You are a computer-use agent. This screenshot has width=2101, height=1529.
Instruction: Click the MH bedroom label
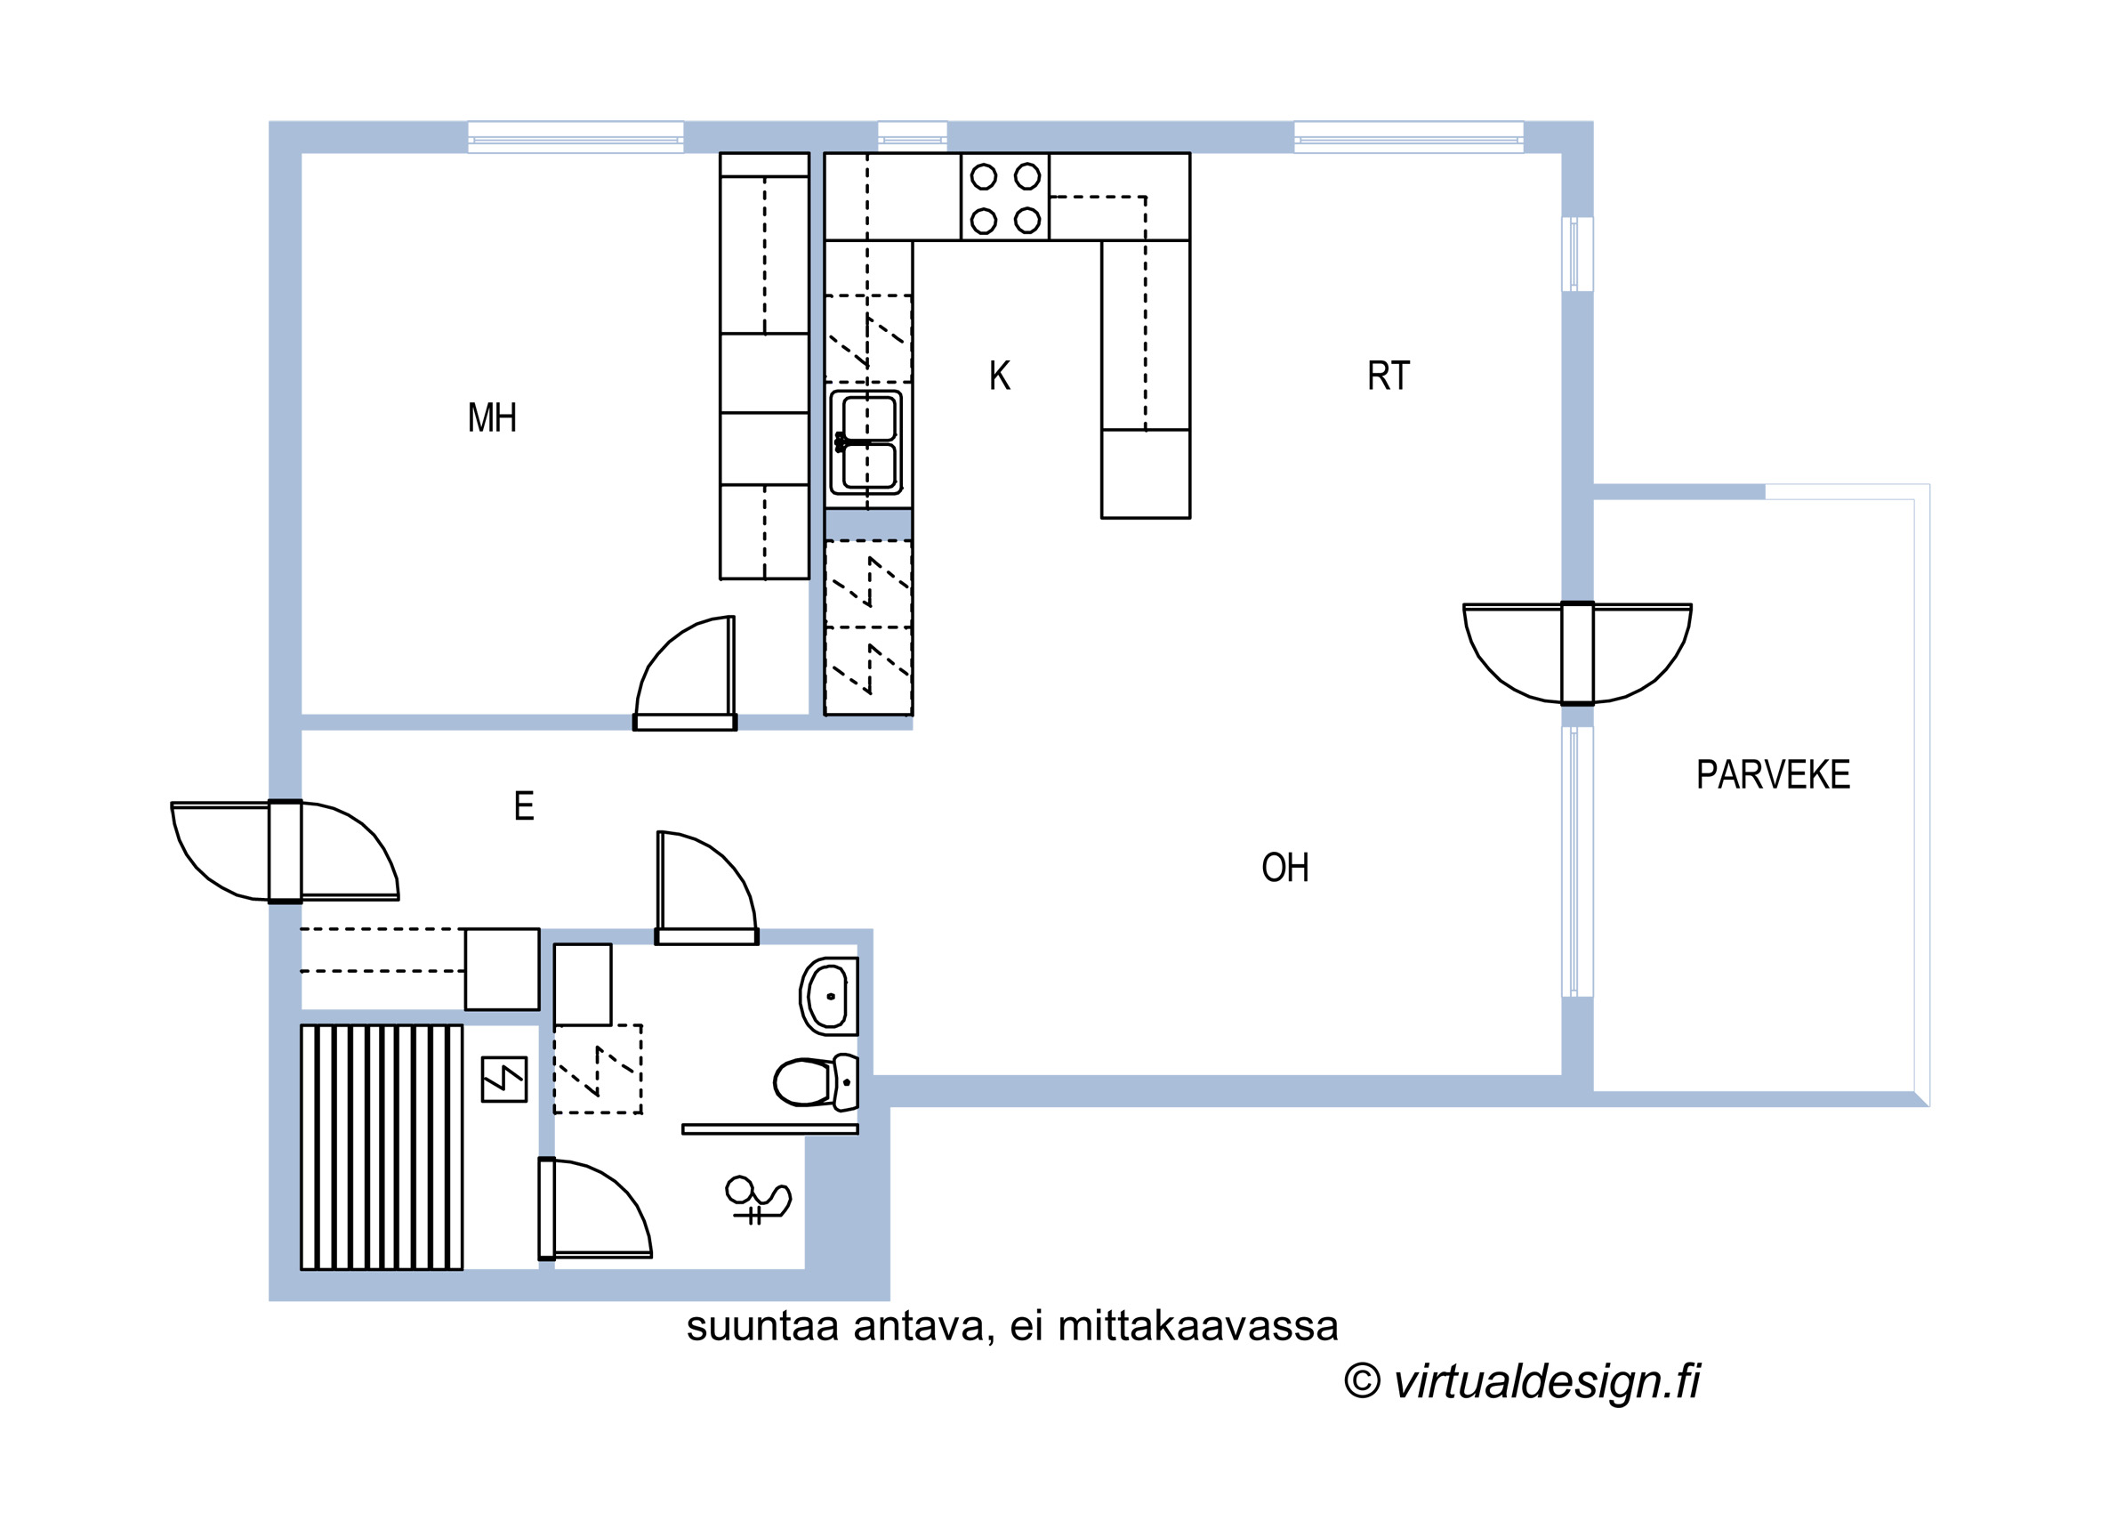click(492, 418)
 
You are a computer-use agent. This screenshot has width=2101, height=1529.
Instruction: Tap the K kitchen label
click(1000, 376)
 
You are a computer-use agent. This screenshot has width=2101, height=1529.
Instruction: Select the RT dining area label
click(1388, 376)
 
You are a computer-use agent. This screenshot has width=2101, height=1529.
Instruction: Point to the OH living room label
click(1284, 868)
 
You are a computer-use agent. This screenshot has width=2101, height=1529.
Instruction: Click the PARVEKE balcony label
click(1773, 774)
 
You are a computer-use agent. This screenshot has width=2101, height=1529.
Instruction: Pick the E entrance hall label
click(524, 806)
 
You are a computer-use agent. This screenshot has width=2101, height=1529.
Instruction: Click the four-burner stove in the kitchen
click(1005, 198)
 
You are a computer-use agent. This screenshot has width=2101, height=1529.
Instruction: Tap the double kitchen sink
click(866, 443)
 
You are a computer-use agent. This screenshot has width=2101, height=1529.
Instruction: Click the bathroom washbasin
click(828, 996)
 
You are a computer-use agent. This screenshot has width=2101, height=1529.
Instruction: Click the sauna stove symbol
click(504, 1080)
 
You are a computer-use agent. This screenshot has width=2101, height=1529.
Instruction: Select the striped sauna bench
click(382, 1147)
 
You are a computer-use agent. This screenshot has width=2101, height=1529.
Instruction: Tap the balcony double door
click(1578, 653)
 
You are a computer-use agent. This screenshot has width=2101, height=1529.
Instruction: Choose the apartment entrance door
click(286, 851)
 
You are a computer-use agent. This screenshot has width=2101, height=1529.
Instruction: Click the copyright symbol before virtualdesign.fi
click(1362, 1380)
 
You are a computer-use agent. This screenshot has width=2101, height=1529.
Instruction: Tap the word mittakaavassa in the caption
click(1198, 1327)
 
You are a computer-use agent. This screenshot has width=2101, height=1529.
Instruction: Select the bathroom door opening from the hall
click(707, 887)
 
